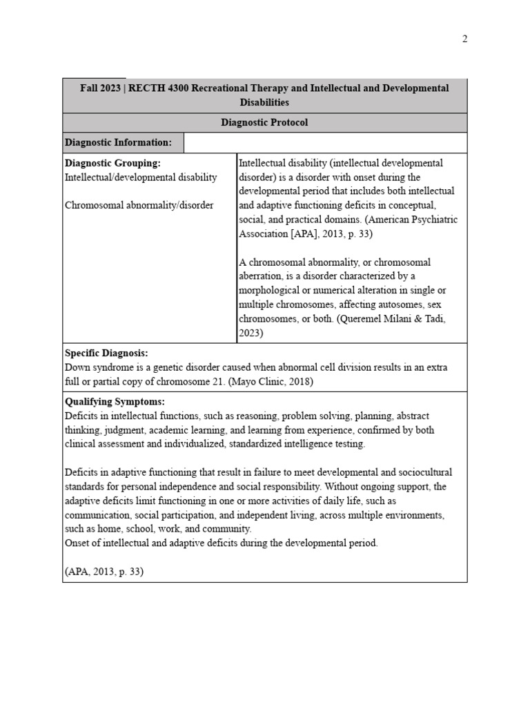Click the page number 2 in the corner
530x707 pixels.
pyautogui.click(x=465, y=39)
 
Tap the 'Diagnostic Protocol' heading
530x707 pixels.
pyautogui.click(x=264, y=122)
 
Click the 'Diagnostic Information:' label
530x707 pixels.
pyautogui.click(x=118, y=142)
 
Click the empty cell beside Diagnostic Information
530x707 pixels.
pyautogui.click(x=325, y=142)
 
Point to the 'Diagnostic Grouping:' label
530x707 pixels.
pyautogui.click(x=112, y=163)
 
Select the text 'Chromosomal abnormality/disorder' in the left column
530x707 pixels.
pyautogui.click(x=139, y=205)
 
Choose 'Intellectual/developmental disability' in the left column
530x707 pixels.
pyautogui.click(x=141, y=177)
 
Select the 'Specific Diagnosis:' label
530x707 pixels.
pyautogui.click(x=106, y=353)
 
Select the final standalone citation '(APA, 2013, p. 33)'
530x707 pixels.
pyautogui.click(x=104, y=572)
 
